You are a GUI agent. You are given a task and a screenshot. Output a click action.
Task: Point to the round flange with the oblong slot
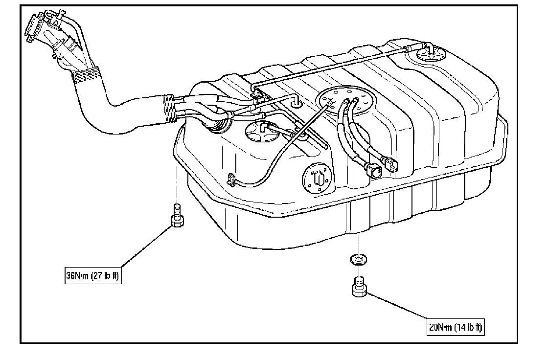click(316, 179)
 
